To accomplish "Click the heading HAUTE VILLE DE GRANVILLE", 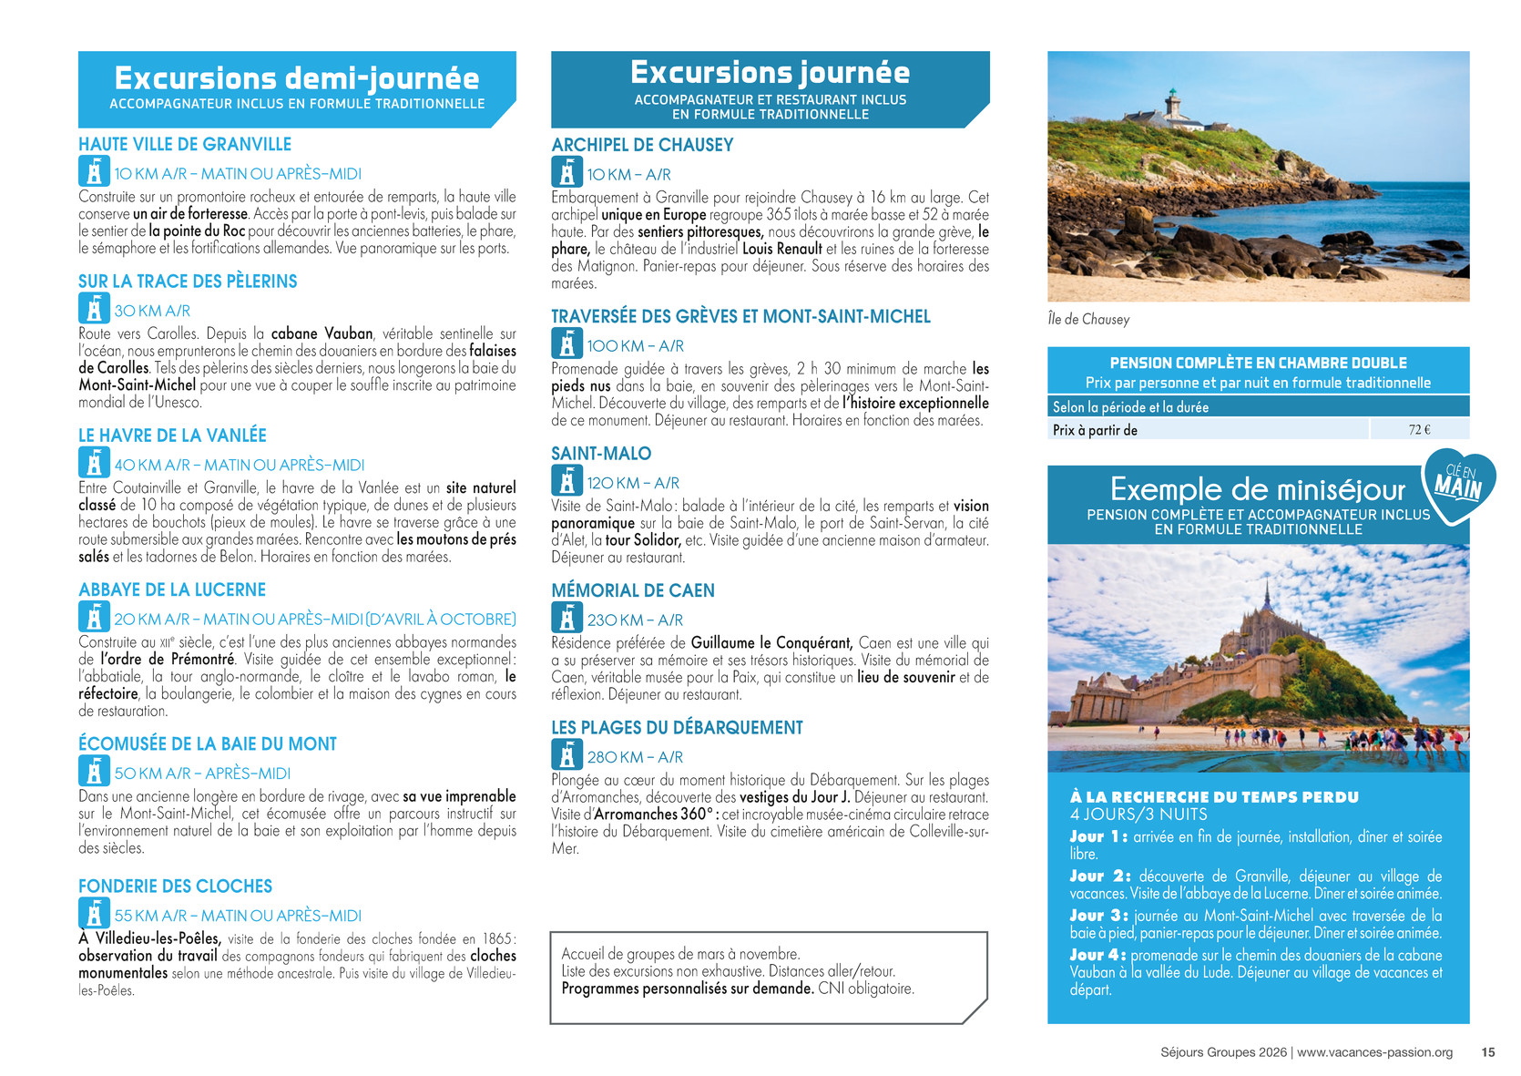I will click(185, 145).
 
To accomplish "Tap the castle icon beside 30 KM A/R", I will click(93, 309).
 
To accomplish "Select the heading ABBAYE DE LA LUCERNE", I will click(172, 590).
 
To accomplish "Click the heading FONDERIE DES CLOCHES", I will click(175, 886).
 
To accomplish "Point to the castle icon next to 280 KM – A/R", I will click(567, 755).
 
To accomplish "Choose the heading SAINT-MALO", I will click(601, 454).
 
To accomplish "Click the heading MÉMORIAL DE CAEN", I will click(633, 590).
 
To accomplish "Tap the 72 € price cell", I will click(1419, 430).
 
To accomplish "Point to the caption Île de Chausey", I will click(1088, 320).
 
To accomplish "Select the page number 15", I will click(1488, 1052).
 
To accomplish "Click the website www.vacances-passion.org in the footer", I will click(1374, 1052).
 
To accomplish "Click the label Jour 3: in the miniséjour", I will click(1098, 916).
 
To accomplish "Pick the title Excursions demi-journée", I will click(297, 77).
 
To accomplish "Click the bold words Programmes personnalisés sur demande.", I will click(688, 989).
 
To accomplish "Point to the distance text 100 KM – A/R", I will click(635, 346).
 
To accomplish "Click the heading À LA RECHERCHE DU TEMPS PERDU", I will click(1214, 797).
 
